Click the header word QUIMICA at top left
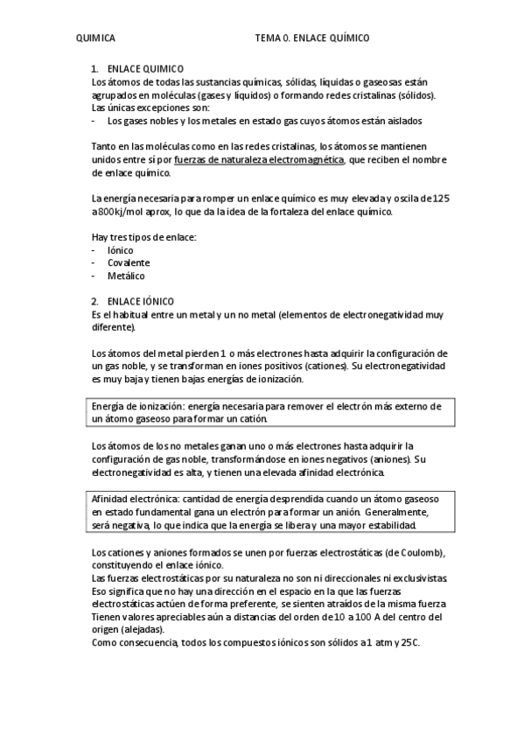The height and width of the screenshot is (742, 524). pyautogui.click(x=95, y=38)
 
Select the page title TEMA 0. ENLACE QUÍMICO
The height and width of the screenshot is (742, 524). pyautogui.click(x=312, y=38)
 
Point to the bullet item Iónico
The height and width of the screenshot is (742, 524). pyautogui.click(x=120, y=250)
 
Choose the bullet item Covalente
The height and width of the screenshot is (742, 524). pyautogui.click(x=128, y=262)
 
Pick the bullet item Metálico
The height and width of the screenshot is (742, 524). pyautogui.click(x=126, y=275)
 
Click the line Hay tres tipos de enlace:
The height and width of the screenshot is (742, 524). pyautogui.click(x=143, y=237)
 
